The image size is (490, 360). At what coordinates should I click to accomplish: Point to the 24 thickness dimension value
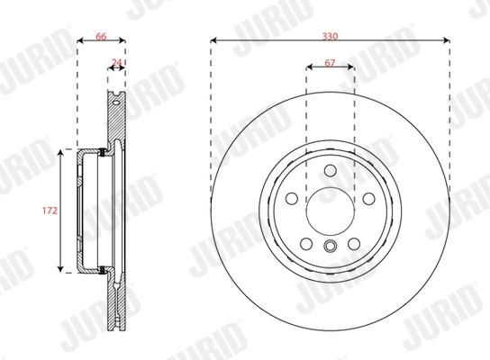[x=115, y=63]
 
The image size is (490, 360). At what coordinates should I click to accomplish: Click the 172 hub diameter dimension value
[x=50, y=211]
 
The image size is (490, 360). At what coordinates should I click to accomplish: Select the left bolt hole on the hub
[x=292, y=199]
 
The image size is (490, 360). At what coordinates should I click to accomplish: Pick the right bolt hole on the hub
[x=367, y=199]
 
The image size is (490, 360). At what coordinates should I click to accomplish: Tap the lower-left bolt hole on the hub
[x=306, y=243]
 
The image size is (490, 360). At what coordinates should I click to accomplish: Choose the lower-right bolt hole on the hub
[x=353, y=243]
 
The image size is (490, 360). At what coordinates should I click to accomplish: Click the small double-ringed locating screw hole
[x=330, y=249]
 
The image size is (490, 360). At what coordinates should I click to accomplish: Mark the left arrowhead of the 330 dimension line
[x=214, y=40]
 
